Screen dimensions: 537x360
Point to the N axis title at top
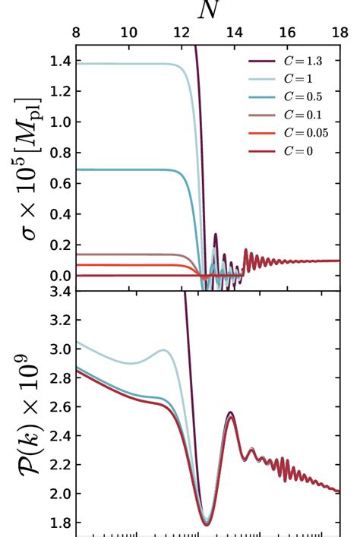click(207, 11)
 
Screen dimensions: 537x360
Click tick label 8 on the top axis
click(76, 33)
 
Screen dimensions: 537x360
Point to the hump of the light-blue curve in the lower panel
click(163, 350)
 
